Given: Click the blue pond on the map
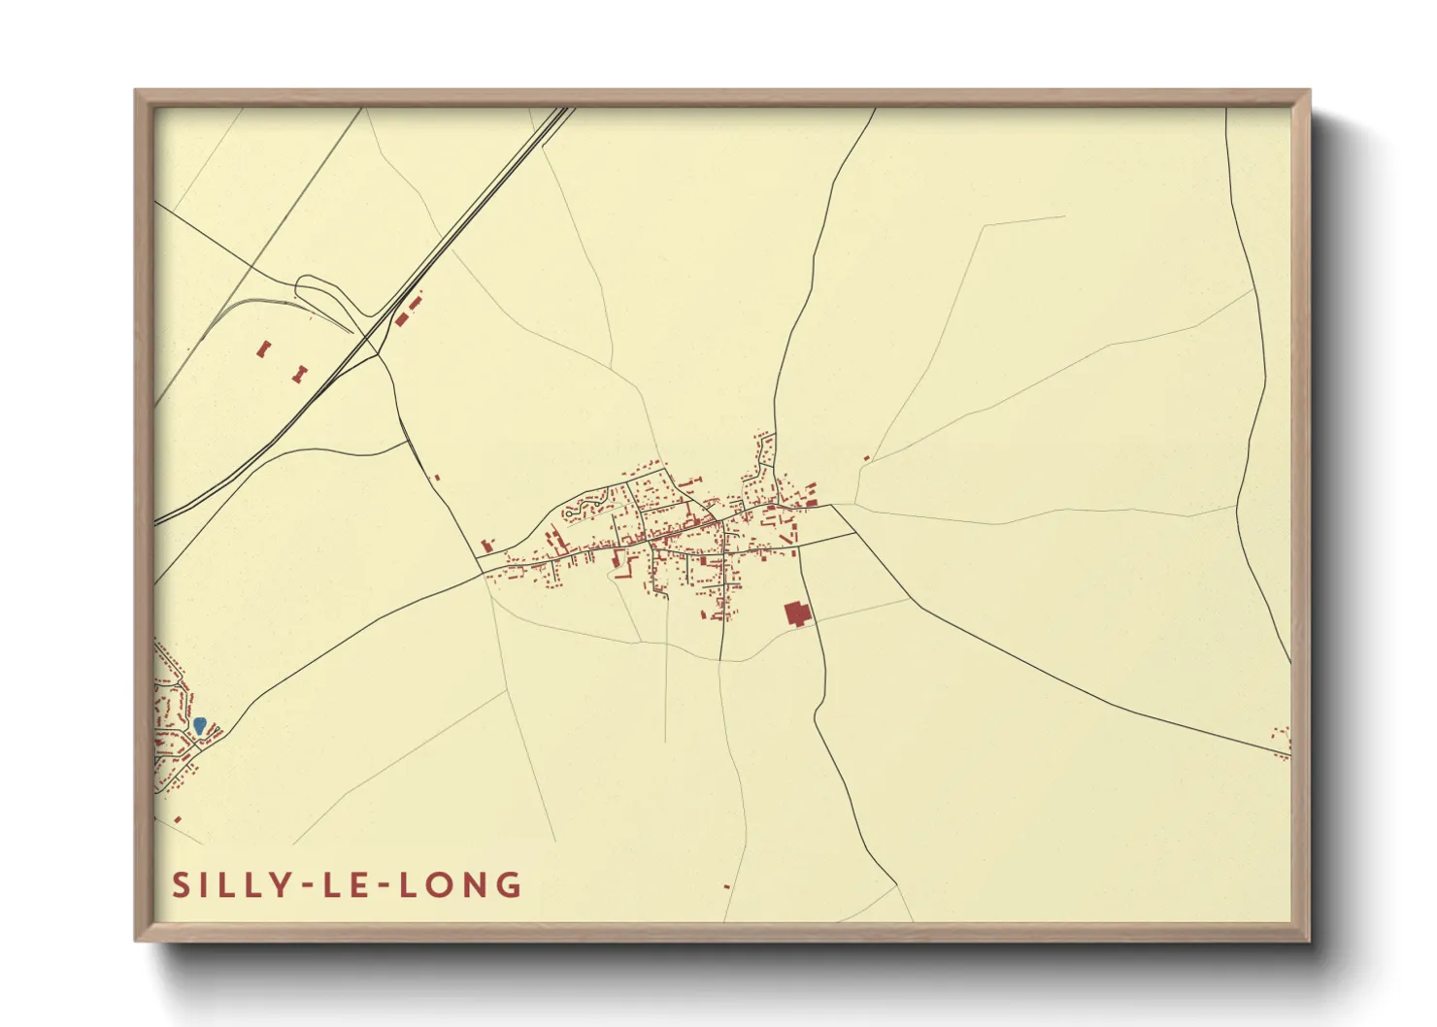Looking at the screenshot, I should click(199, 724).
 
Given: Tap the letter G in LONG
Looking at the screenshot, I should click(509, 885).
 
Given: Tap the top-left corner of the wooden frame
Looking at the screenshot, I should click(137, 92).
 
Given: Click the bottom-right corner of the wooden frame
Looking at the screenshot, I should click(1308, 940).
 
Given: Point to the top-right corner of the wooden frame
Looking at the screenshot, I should click(1308, 92).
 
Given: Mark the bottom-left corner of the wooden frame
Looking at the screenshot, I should click(137, 940).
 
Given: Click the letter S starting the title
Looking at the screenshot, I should click(180, 885).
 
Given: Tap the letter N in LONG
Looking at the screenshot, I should click(476, 885).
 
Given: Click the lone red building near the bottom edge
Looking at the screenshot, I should click(726, 886).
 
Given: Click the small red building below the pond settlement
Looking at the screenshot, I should click(178, 820).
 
